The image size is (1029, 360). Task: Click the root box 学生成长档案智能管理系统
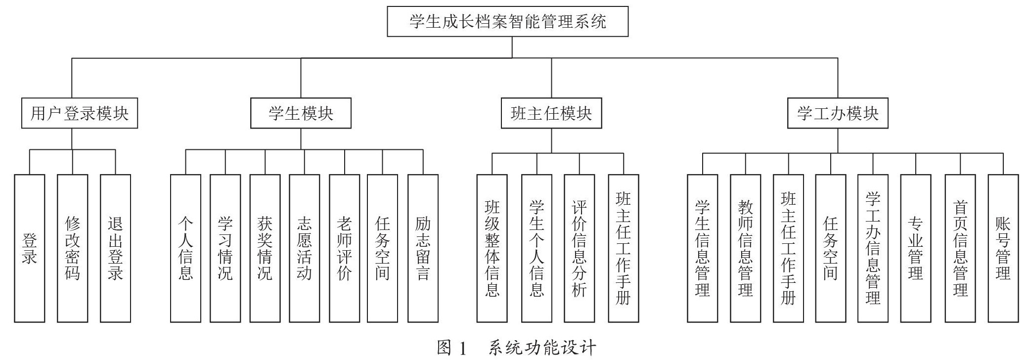507,21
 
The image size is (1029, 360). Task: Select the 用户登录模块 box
80,113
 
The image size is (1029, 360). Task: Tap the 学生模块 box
301,113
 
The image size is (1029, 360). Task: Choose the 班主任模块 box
551,113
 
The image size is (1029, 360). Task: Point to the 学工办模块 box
838,113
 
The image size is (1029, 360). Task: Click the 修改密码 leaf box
73,248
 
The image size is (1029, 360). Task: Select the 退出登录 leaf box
115,248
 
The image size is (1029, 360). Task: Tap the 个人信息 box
185,248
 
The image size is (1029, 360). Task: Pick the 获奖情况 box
265,248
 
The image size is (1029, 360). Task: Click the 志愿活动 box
305,248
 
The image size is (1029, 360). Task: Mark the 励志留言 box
423,248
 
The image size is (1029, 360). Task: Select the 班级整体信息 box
492,248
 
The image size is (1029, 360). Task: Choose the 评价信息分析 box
579,248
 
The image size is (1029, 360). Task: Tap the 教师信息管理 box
746,248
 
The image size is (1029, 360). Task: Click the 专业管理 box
916,248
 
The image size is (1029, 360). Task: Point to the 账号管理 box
1003,248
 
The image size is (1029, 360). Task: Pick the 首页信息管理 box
960,248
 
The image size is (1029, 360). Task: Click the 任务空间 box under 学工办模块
831,248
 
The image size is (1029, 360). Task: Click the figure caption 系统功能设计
542,348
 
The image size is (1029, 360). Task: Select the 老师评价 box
345,248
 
